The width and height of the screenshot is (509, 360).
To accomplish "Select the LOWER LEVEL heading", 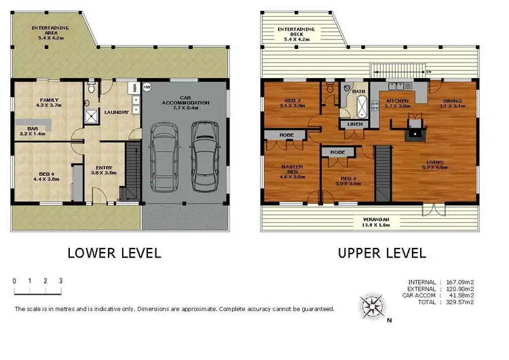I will (114, 253).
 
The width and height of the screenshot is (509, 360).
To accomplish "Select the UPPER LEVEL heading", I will (382, 253).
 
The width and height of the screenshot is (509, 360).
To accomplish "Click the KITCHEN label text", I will (398, 103).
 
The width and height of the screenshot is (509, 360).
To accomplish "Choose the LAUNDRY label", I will (115, 113).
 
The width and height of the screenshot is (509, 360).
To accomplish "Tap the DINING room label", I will (452, 103).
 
